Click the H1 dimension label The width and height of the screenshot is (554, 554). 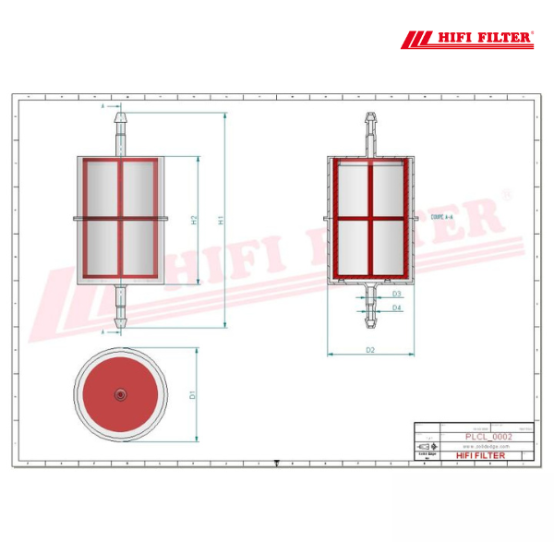tap(221, 220)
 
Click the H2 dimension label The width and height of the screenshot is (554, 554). tap(194, 220)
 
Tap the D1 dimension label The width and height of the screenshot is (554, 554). tap(192, 394)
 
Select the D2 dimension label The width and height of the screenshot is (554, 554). tap(369, 350)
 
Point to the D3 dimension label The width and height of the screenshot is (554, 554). tap(396, 294)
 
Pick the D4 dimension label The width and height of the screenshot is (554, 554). tap(396, 307)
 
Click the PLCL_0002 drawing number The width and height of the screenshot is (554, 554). tap(488, 436)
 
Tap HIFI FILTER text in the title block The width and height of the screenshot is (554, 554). tap(481, 455)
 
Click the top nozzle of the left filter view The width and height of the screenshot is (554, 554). tap(120, 129)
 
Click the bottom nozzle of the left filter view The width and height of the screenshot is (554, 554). tap(120, 307)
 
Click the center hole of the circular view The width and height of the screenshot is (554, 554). tap(120, 394)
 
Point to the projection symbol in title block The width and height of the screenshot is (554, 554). tap(428, 445)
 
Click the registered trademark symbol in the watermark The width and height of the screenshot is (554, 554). tap(504, 195)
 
